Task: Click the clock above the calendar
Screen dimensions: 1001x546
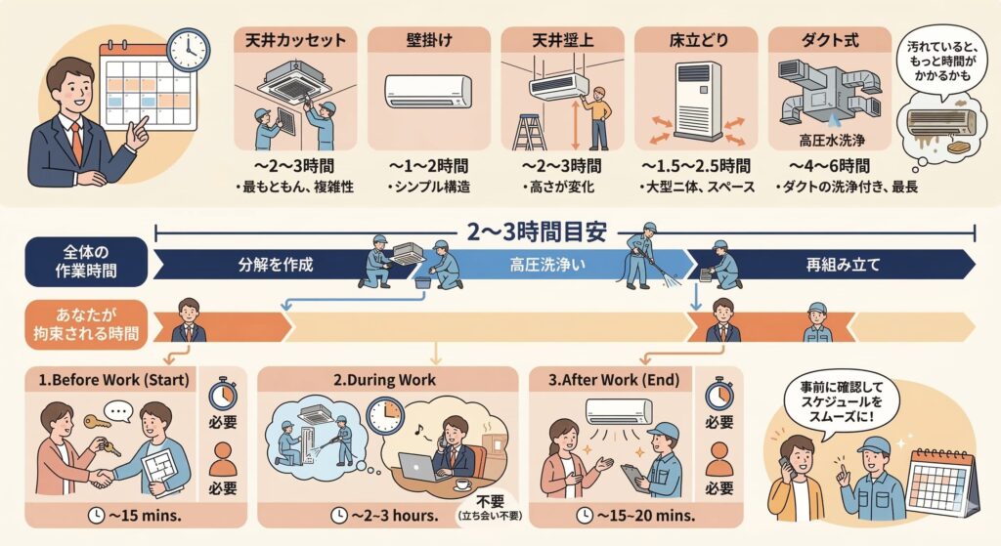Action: click(189, 49)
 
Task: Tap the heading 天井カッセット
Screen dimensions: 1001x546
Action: click(295, 41)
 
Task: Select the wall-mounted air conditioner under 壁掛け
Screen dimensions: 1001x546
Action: click(428, 91)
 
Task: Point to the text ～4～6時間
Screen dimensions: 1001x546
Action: click(829, 166)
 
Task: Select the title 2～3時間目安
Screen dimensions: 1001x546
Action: click(537, 231)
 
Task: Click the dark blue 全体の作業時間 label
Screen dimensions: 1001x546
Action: click(86, 262)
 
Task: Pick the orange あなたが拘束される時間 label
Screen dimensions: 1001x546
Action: click(86, 323)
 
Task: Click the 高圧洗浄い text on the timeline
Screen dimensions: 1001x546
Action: click(547, 265)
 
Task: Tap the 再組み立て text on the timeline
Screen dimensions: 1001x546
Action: click(843, 265)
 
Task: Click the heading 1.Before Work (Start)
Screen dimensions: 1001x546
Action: click(113, 380)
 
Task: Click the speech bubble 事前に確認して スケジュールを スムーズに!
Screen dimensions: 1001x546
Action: click(842, 402)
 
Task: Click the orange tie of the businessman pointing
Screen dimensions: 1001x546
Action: click(76, 144)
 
